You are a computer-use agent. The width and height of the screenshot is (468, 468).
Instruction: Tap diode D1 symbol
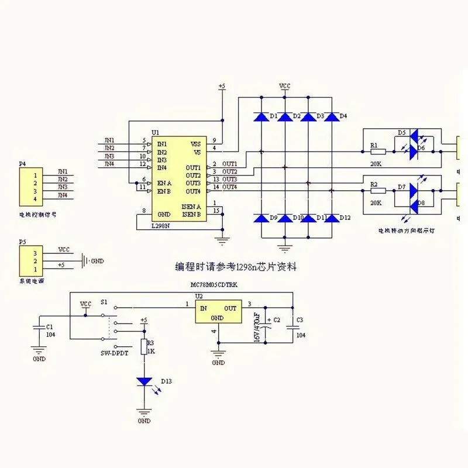click(x=261, y=117)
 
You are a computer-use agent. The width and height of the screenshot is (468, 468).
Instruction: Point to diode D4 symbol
click(x=331, y=117)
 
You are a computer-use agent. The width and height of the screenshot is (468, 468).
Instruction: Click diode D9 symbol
click(x=261, y=218)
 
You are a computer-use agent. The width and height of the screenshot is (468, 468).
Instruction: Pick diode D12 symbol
click(x=331, y=218)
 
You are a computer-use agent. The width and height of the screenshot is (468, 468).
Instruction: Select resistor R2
click(x=377, y=190)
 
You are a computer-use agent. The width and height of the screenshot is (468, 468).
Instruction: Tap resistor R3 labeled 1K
click(x=143, y=347)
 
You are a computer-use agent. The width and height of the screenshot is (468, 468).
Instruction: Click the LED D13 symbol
click(x=144, y=381)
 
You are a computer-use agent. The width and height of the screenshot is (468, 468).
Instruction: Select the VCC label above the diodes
click(x=284, y=85)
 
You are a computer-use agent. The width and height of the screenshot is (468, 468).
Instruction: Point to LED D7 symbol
click(x=414, y=190)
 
